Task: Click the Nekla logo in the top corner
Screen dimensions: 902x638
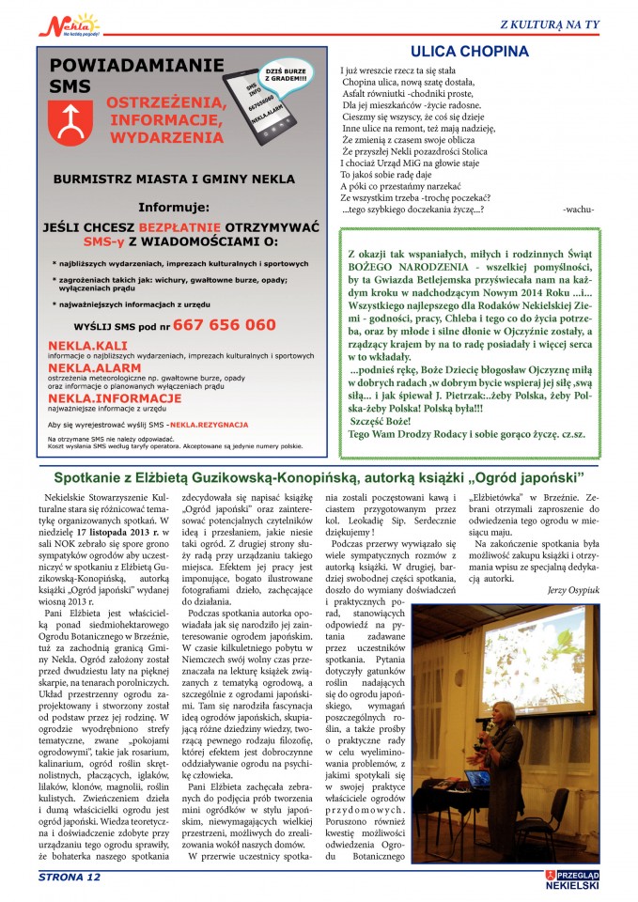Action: click(x=69, y=23)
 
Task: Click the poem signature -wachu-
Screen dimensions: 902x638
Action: click(x=579, y=210)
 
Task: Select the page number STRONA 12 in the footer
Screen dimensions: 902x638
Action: click(x=69, y=878)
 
